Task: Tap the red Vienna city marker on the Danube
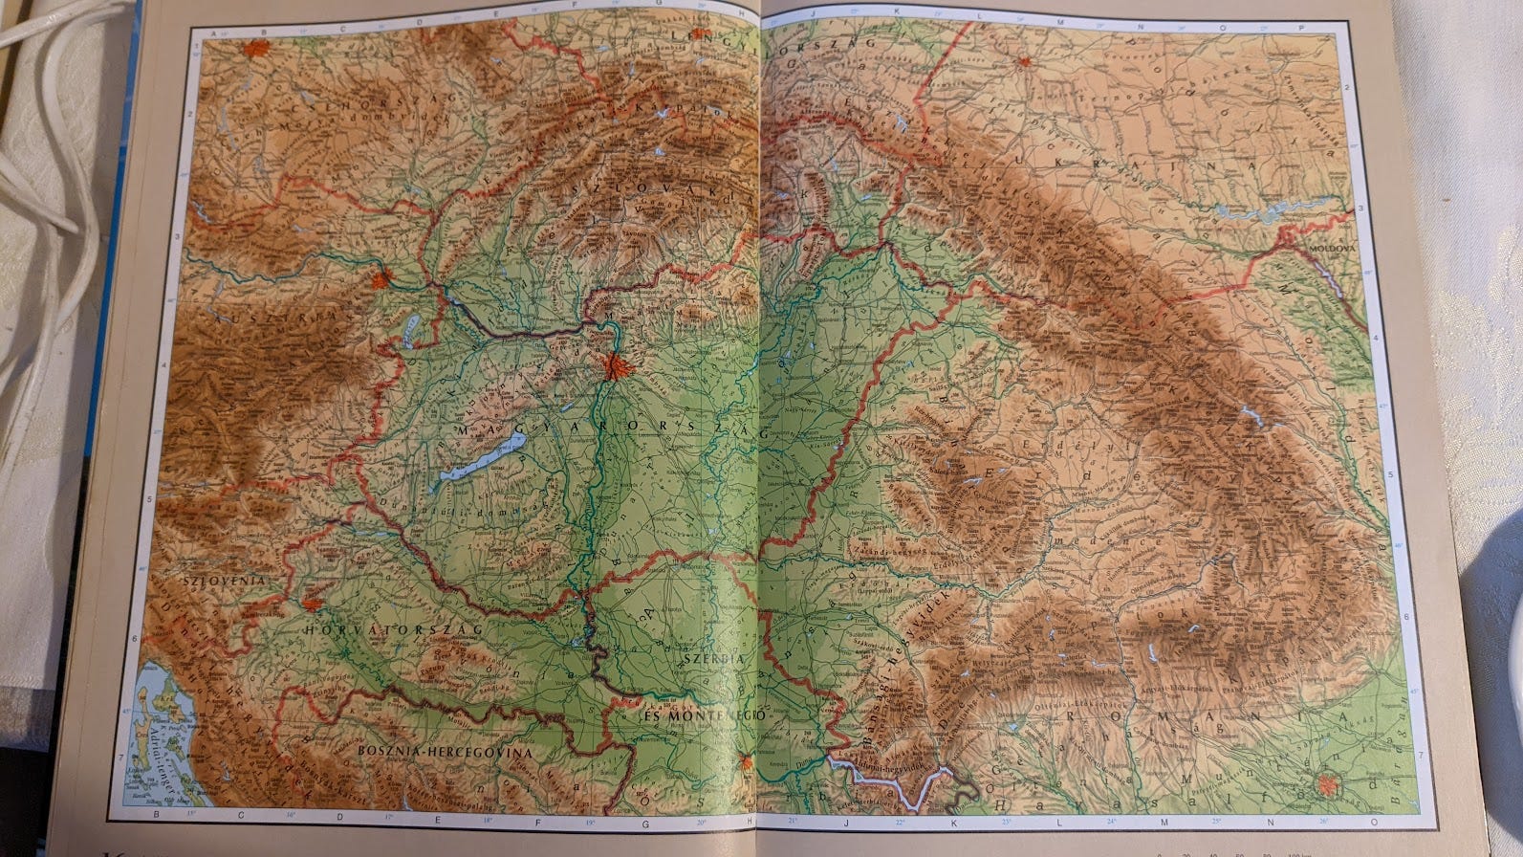click(x=383, y=280)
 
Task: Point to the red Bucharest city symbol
click(x=1326, y=785)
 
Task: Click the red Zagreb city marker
click(x=311, y=603)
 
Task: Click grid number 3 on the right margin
click(x=1360, y=208)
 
